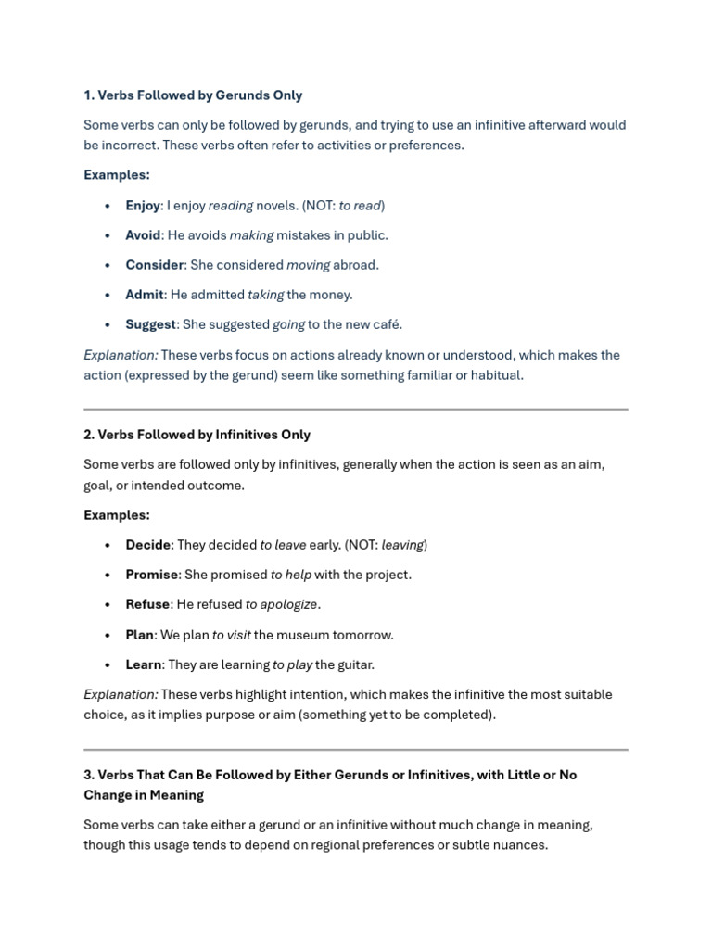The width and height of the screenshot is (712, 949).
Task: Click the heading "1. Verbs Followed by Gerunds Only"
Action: [x=193, y=95]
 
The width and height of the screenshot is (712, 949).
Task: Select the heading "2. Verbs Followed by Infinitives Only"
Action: [x=197, y=435]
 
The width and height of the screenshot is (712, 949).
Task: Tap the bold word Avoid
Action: [x=143, y=235]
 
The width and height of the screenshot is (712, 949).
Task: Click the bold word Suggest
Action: [x=150, y=324]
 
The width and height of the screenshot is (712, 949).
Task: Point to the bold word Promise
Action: [x=151, y=575]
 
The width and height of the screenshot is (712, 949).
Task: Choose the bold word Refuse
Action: [x=147, y=604]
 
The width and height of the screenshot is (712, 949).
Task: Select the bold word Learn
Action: [x=144, y=664]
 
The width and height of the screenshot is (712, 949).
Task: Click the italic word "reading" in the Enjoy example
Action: [x=230, y=206]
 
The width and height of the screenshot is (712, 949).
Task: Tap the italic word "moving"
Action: [x=308, y=265]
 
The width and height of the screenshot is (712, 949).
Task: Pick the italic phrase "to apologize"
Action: [x=282, y=604]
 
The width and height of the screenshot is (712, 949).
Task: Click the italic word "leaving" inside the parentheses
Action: [x=401, y=545]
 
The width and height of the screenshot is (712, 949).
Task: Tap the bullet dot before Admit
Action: [x=108, y=295]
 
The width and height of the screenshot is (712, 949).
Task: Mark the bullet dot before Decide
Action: [x=108, y=545]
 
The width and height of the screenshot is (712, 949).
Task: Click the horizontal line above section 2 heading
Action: [x=356, y=409]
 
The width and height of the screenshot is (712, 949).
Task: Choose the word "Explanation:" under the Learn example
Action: [x=121, y=694]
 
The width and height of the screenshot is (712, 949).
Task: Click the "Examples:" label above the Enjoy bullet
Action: [x=116, y=175]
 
